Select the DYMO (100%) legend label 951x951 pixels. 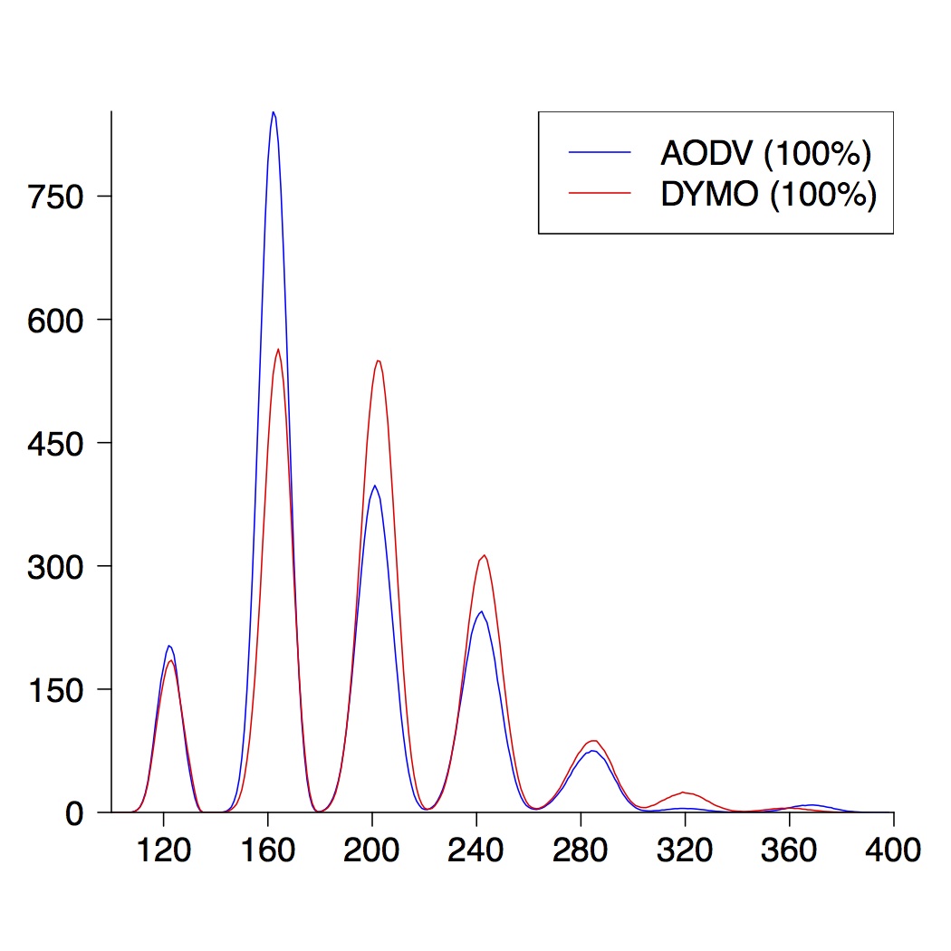pos(768,195)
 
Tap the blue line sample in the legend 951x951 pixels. pos(600,153)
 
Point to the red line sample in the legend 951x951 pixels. pos(600,194)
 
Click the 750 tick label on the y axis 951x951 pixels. pos(56,197)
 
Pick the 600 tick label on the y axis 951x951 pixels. pos(56,321)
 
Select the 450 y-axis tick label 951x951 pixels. pos(56,444)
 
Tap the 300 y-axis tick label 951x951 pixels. pos(56,567)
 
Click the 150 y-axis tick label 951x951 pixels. pos(56,690)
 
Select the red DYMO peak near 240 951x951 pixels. pos(485,555)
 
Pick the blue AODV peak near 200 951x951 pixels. pos(374,485)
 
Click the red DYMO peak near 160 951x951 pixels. pos(278,350)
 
